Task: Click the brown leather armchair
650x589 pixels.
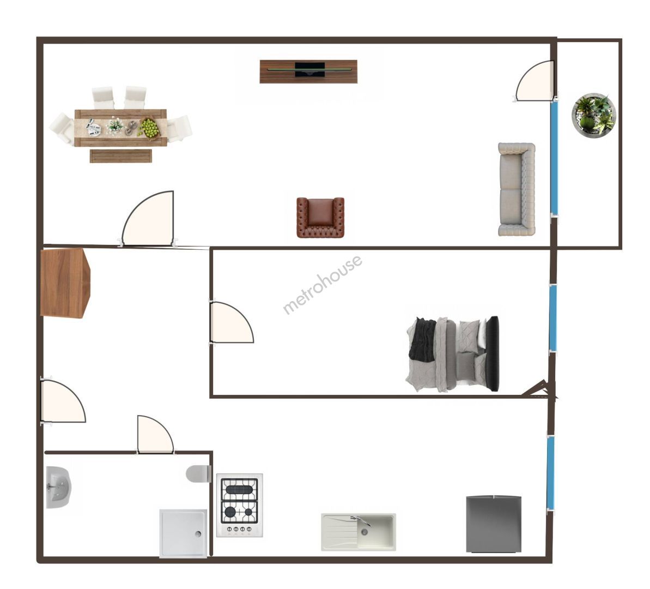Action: click(x=320, y=218)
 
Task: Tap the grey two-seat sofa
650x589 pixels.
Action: click(x=517, y=189)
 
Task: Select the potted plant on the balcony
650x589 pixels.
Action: click(x=594, y=115)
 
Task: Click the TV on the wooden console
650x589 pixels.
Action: click(x=309, y=69)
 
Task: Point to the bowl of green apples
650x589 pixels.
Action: click(x=150, y=128)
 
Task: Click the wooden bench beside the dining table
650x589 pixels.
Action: click(x=120, y=156)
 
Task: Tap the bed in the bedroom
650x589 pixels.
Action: click(x=453, y=354)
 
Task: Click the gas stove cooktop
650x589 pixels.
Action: click(x=240, y=505)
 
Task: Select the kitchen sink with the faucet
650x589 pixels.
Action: click(x=359, y=532)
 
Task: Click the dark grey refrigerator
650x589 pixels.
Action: click(x=493, y=524)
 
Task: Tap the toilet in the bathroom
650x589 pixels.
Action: click(x=198, y=473)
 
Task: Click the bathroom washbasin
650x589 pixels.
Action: click(x=58, y=488)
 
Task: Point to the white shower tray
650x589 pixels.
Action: click(x=183, y=533)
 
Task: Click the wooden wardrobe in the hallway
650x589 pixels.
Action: click(x=65, y=283)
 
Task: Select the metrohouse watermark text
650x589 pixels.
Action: click(x=322, y=284)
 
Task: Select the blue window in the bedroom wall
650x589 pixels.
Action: click(x=553, y=318)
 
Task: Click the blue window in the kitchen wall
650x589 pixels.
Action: click(x=550, y=473)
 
